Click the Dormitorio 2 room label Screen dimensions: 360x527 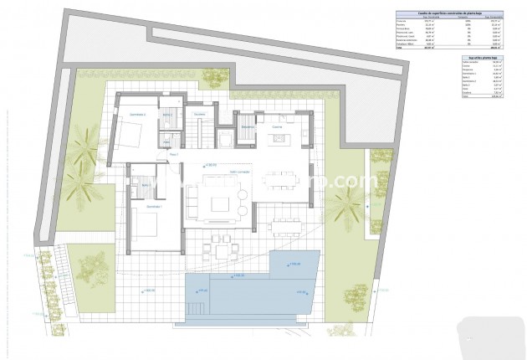tap(138, 114)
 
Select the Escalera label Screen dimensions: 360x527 tap(199, 114)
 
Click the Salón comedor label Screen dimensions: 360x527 tap(240, 172)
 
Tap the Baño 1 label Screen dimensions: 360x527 tap(146, 184)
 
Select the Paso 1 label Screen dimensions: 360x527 tap(174, 155)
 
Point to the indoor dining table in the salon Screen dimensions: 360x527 tap(278, 177)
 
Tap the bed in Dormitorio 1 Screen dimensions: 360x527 tap(142, 224)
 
